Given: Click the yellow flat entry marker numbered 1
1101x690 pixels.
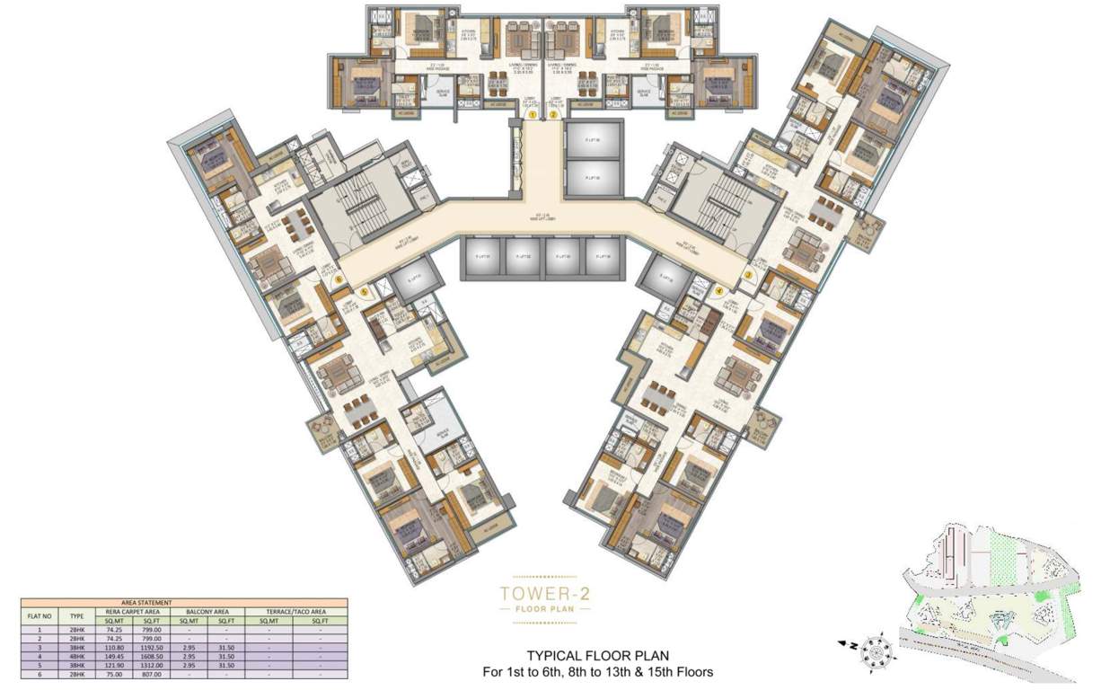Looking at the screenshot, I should click(533, 115).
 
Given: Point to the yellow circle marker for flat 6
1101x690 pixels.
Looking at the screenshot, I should click(338, 279).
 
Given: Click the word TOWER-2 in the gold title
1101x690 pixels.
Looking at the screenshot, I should click(544, 593).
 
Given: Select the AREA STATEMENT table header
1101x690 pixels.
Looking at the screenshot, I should click(185, 604).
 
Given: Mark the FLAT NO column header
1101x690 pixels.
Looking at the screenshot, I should click(38, 616).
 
